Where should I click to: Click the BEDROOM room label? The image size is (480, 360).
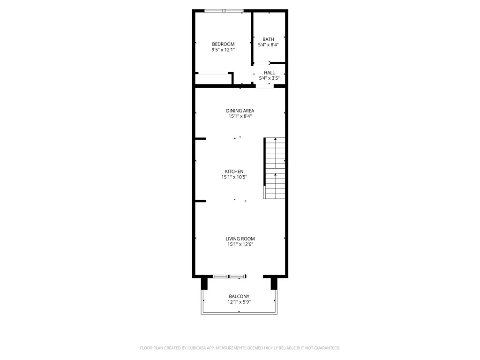[223, 44]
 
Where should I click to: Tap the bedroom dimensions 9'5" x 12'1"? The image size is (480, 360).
[223, 49]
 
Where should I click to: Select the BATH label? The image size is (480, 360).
[268, 39]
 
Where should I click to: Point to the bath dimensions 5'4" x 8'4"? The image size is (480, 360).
[268, 45]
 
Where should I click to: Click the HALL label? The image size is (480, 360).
[270, 73]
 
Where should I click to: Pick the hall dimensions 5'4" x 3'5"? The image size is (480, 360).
[270, 78]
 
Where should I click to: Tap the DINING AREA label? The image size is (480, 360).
[240, 111]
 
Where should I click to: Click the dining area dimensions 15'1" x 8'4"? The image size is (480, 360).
[240, 116]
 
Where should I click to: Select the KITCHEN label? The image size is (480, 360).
[234, 172]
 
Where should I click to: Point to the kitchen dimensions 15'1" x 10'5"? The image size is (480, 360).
[234, 177]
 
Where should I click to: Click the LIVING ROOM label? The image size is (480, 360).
[240, 239]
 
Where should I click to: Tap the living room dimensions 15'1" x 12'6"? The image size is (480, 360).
[240, 244]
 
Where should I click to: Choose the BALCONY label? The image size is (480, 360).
[239, 296]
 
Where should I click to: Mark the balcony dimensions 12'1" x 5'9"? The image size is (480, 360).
[239, 302]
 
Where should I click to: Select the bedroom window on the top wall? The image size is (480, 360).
[224, 10]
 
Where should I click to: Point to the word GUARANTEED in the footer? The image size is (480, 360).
[323, 348]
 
